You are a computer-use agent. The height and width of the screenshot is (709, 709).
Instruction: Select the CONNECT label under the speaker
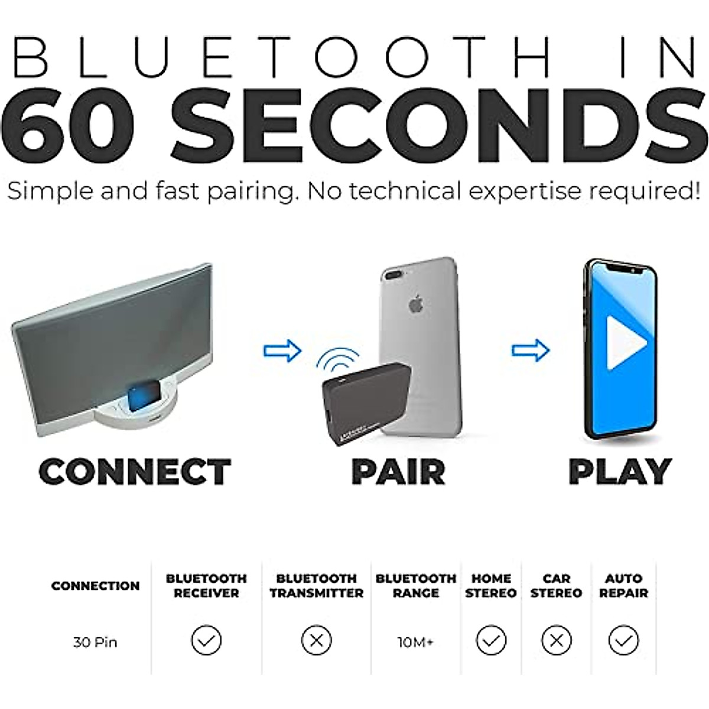135,471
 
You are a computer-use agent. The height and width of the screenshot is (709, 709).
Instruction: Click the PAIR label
398,471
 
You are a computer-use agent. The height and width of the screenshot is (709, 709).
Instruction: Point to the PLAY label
620,471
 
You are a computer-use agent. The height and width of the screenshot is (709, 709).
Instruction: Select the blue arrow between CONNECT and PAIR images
282,350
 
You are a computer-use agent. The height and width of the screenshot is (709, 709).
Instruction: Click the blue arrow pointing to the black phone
530,350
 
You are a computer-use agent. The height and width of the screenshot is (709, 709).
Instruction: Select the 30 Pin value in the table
95,642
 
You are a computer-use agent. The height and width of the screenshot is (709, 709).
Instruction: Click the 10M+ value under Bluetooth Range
415,642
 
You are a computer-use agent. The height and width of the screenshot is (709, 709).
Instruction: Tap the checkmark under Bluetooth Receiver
206,640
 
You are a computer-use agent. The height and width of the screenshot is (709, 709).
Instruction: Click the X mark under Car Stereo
557,640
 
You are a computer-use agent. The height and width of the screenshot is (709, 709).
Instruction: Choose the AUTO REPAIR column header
623,586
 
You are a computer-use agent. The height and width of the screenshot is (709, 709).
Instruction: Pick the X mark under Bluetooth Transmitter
316,640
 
